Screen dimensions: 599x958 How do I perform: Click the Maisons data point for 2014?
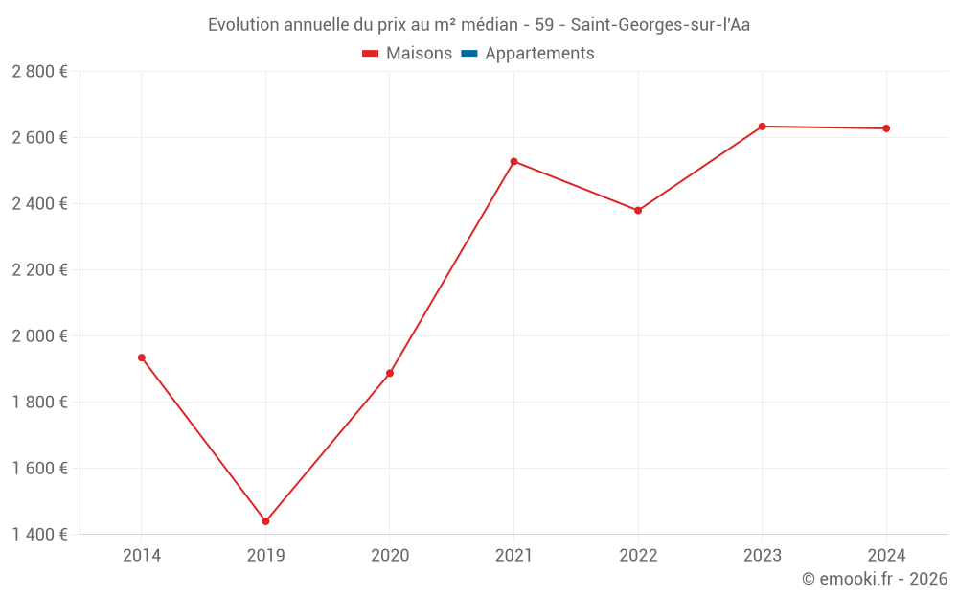(142, 357)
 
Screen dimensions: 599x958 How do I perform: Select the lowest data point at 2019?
(265, 521)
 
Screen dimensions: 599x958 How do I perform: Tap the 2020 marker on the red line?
(390, 373)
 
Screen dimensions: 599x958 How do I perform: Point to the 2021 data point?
(514, 161)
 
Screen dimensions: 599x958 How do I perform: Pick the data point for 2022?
(638, 211)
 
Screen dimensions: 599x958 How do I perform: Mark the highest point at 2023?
(763, 127)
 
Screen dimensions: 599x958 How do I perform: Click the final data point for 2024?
(886, 128)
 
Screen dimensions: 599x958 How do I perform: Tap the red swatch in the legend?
(371, 54)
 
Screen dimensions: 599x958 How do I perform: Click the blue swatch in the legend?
(469, 54)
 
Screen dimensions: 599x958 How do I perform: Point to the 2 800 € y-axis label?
(39, 72)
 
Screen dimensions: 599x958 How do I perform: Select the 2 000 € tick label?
(39, 336)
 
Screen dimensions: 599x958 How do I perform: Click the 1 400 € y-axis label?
(39, 535)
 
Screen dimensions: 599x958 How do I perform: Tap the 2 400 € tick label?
(39, 204)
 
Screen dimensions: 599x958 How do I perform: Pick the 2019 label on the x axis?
(265, 555)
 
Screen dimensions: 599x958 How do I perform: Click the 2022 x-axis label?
(638, 555)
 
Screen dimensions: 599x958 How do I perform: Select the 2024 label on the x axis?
(886, 555)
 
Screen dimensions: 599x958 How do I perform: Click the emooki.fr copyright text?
(875, 579)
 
